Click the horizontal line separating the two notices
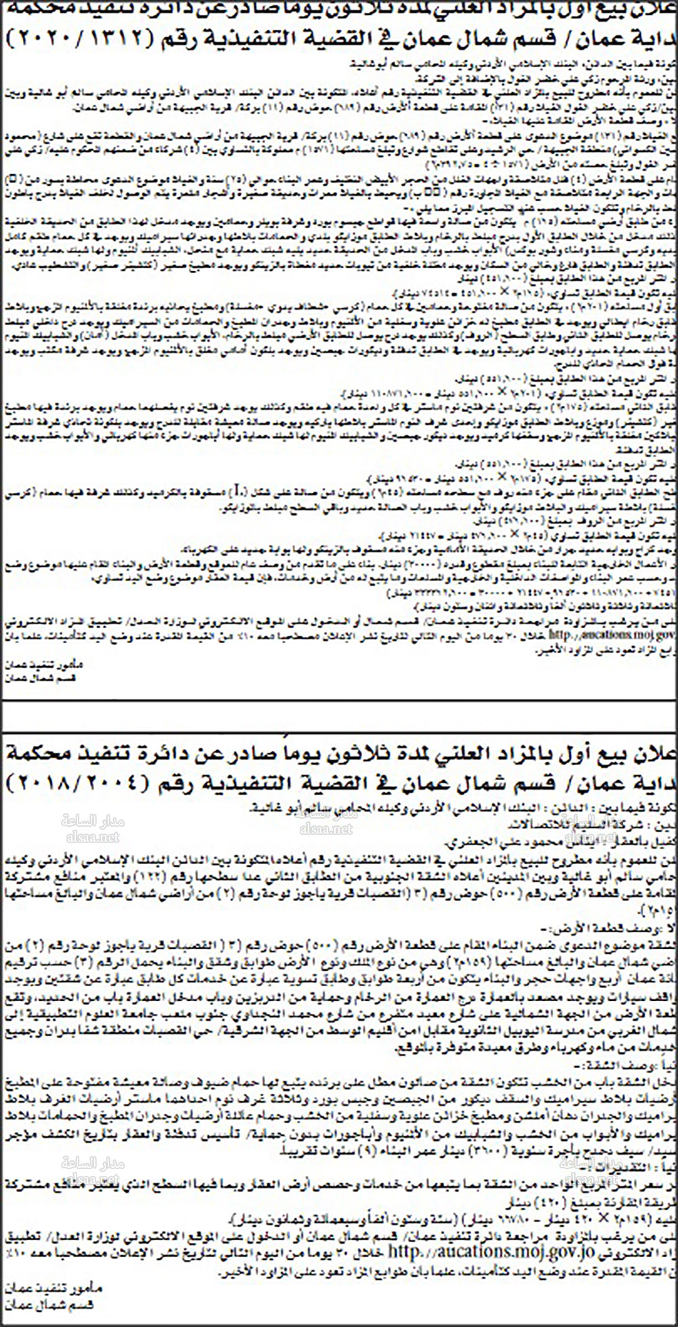click(339, 702)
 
